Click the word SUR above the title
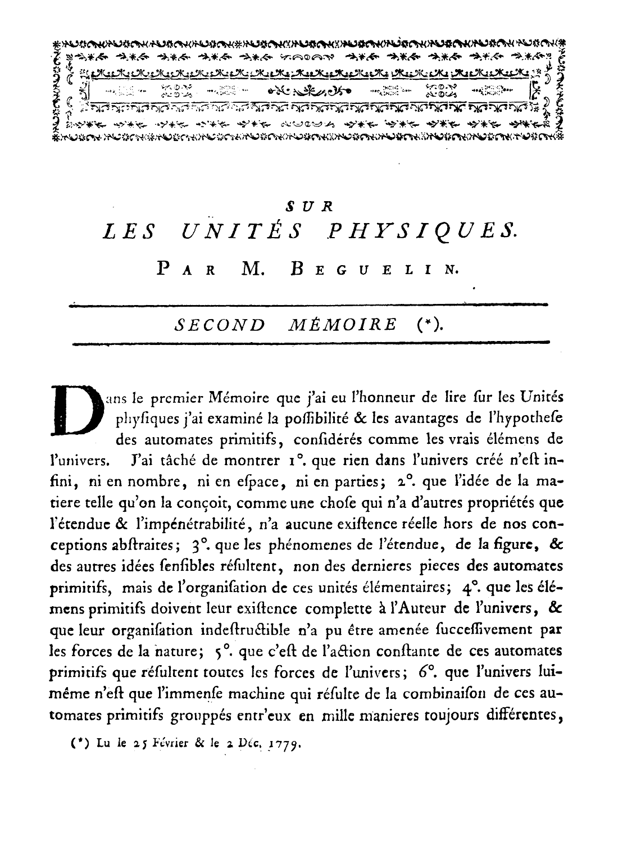click(310, 207)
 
